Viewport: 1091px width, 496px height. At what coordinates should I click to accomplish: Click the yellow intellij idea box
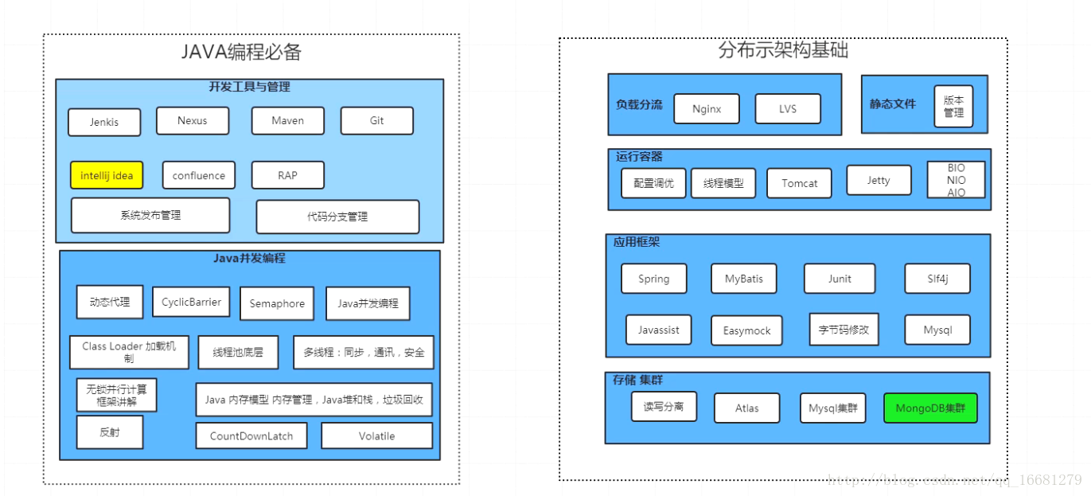point(107,175)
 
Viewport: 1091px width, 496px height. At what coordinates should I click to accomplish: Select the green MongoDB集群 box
point(930,408)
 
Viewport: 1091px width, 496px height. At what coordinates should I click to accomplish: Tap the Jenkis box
point(104,122)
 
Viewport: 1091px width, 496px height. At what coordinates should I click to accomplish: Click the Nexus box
point(193,120)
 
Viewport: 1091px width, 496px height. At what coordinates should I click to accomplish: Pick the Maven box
point(288,120)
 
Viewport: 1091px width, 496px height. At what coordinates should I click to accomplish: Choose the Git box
point(377,120)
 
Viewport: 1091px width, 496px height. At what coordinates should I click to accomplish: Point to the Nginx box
point(707,109)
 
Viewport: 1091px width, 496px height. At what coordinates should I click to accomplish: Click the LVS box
point(788,109)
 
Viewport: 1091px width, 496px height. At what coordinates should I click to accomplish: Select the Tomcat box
point(800,183)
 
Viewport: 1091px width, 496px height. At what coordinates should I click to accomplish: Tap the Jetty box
point(879,180)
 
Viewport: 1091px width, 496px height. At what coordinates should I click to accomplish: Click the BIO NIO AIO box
point(957,180)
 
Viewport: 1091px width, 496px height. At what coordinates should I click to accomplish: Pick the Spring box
point(654,279)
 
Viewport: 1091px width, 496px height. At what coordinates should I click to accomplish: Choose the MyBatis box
point(744,279)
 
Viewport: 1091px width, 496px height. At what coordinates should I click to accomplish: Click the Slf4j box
point(937,279)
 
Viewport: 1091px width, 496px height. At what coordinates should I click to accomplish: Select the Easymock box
point(747,330)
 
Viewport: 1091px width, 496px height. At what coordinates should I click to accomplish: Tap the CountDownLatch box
point(251,435)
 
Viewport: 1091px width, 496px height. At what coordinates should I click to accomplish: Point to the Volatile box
point(377,435)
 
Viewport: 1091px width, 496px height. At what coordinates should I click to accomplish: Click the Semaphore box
point(277,303)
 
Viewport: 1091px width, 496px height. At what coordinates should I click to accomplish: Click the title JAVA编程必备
point(242,53)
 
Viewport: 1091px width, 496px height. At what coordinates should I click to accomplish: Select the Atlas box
point(747,408)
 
